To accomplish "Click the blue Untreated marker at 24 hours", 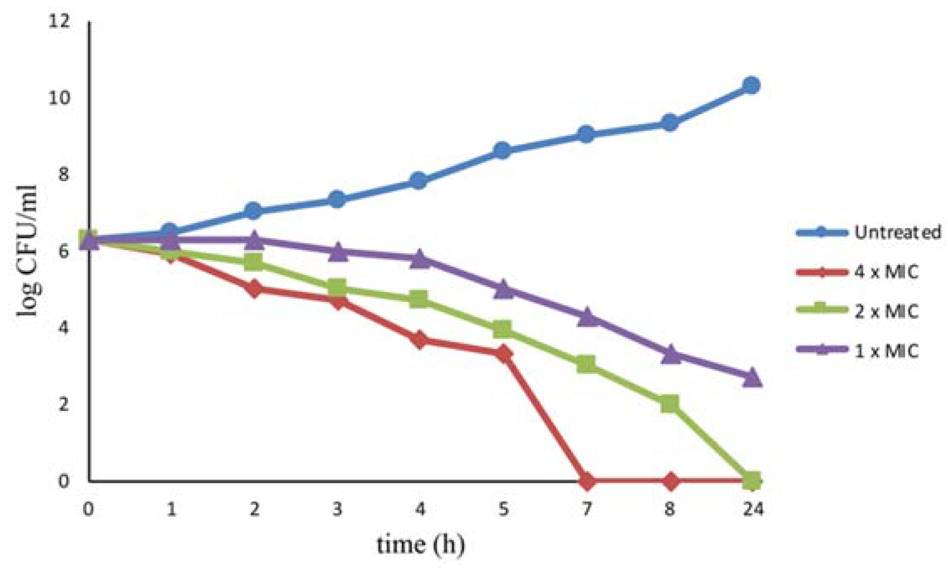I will (x=751, y=86).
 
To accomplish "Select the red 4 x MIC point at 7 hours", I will (x=587, y=481).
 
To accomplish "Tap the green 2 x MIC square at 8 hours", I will (x=670, y=404).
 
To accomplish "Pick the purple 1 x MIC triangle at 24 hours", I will (x=752, y=378).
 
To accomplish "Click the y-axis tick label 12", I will (x=58, y=21).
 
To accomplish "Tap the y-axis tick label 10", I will (x=58, y=98).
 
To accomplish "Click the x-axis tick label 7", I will (x=587, y=509).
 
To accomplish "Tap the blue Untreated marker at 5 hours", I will (x=502, y=150).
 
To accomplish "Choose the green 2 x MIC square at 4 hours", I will (x=419, y=299).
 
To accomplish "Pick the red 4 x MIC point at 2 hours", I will (x=254, y=289).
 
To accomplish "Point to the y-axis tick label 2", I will (x=63, y=404).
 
